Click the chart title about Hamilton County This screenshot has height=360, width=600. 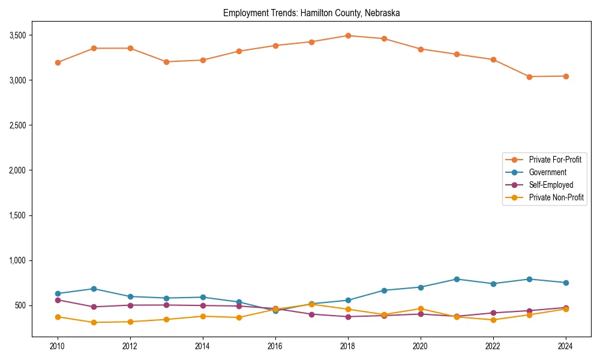[x=311, y=13]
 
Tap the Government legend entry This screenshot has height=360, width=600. [x=547, y=172]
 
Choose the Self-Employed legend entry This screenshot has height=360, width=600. [x=551, y=185]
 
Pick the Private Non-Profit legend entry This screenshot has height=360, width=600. [x=556, y=197]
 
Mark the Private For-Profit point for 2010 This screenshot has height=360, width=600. [x=58, y=62]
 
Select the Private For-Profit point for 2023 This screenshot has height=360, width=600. [x=529, y=77]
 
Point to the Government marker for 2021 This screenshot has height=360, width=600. [x=457, y=279]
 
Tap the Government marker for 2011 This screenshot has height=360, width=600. [x=94, y=289]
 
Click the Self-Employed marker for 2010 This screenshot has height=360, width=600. [x=58, y=300]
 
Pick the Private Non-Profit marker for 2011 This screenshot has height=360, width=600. [x=94, y=322]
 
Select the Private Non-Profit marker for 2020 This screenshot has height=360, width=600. [x=421, y=309]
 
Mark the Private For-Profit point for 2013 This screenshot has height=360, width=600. [x=166, y=62]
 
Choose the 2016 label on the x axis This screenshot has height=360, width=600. [x=275, y=346]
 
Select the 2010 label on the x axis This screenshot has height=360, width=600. [x=58, y=346]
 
